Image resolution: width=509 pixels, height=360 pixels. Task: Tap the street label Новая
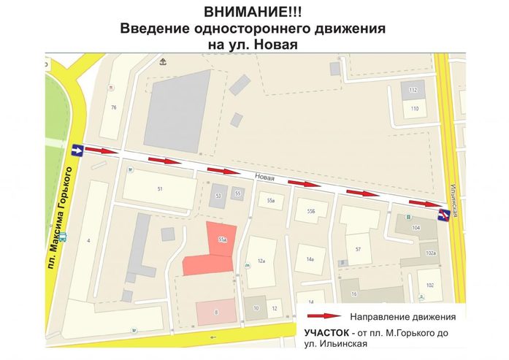[x=265, y=176]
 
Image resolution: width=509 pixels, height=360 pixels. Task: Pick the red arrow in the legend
[x=324, y=316]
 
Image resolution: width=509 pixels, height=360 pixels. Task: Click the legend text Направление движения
[x=402, y=317]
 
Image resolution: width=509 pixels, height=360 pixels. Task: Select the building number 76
[x=113, y=107]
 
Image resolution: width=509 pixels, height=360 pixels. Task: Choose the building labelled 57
[x=358, y=249]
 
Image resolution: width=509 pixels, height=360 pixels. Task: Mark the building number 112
[x=413, y=91]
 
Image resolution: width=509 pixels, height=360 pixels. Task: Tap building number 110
[x=415, y=109]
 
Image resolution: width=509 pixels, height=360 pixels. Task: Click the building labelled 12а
[x=261, y=261]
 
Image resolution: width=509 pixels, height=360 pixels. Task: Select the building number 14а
[x=310, y=258]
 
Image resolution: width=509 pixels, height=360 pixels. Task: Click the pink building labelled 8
[x=216, y=312]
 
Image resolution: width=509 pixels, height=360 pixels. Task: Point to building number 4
[x=88, y=240]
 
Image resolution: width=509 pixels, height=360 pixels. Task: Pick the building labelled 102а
[x=431, y=253]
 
